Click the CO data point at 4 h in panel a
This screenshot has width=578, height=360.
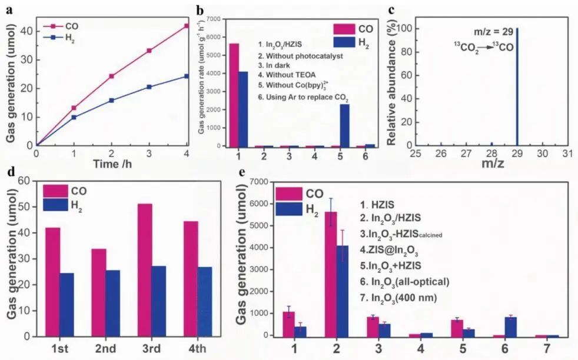[x=187, y=26]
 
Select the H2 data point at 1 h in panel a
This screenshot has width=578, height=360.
[x=74, y=117]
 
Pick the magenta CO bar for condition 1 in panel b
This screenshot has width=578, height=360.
[x=234, y=95]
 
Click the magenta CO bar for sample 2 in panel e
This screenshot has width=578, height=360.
[x=331, y=274]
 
